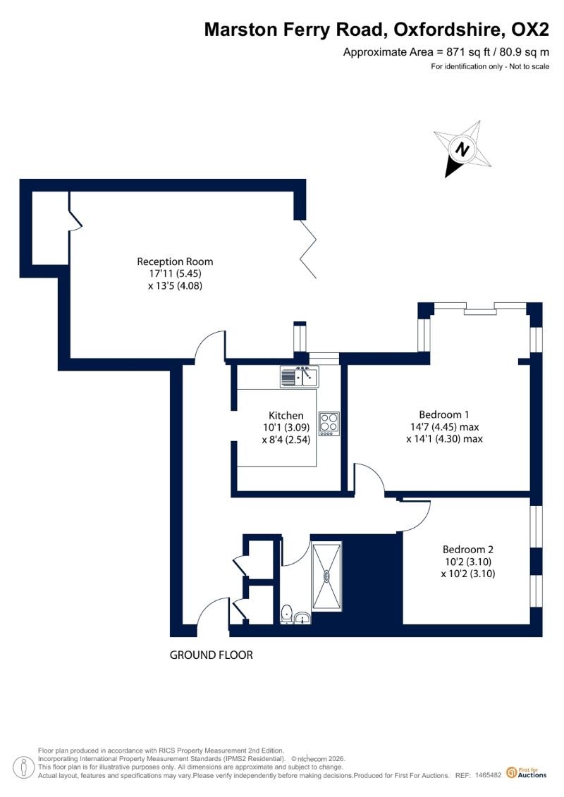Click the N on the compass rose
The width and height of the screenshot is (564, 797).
click(x=462, y=149)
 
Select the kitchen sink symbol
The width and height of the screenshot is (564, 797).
click(x=300, y=376)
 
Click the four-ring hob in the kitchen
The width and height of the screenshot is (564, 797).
click(x=329, y=424)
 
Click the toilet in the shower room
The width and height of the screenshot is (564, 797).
click(x=287, y=614)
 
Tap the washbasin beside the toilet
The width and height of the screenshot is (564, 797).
click(x=302, y=618)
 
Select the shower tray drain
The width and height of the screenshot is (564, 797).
click(x=326, y=576)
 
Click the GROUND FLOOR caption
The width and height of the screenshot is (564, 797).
click(x=211, y=655)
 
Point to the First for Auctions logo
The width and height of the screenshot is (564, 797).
click(x=527, y=772)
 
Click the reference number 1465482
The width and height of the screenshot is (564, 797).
click(x=489, y=775)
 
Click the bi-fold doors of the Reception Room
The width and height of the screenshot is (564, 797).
click(x=308, y=249)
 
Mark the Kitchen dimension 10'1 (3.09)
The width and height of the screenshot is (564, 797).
click(x=286, y=428)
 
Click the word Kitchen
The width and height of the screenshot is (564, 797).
click(x=286, y=415)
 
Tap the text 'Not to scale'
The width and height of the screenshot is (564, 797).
click(x=529, y=66)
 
